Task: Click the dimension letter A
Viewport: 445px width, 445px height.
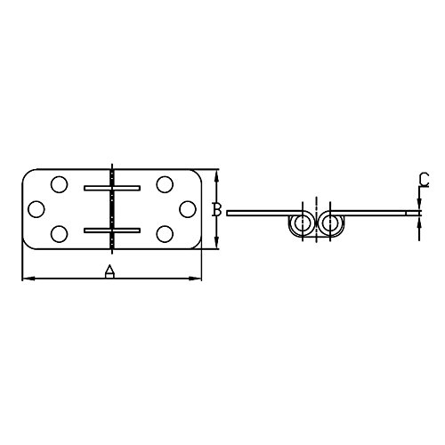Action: point(109,271)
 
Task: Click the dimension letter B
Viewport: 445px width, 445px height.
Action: point(215,209)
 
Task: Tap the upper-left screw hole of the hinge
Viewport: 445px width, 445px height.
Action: point(59,185)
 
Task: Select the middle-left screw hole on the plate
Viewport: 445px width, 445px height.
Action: point(36,209)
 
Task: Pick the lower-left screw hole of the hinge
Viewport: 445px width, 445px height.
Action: point(59,233)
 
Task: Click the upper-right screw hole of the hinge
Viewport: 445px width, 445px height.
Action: point(164,185)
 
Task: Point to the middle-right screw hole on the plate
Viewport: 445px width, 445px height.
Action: point(186,209)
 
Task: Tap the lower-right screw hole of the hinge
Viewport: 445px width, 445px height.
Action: point(164,233)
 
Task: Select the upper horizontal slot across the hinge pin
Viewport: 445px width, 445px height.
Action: point(111,188)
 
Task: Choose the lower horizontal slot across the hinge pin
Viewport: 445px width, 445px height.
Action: point(111,230)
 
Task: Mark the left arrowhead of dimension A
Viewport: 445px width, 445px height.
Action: point(24,279)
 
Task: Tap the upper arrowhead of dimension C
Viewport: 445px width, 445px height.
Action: point(418,206)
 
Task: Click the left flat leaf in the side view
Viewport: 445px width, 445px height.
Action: point(258,214)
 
